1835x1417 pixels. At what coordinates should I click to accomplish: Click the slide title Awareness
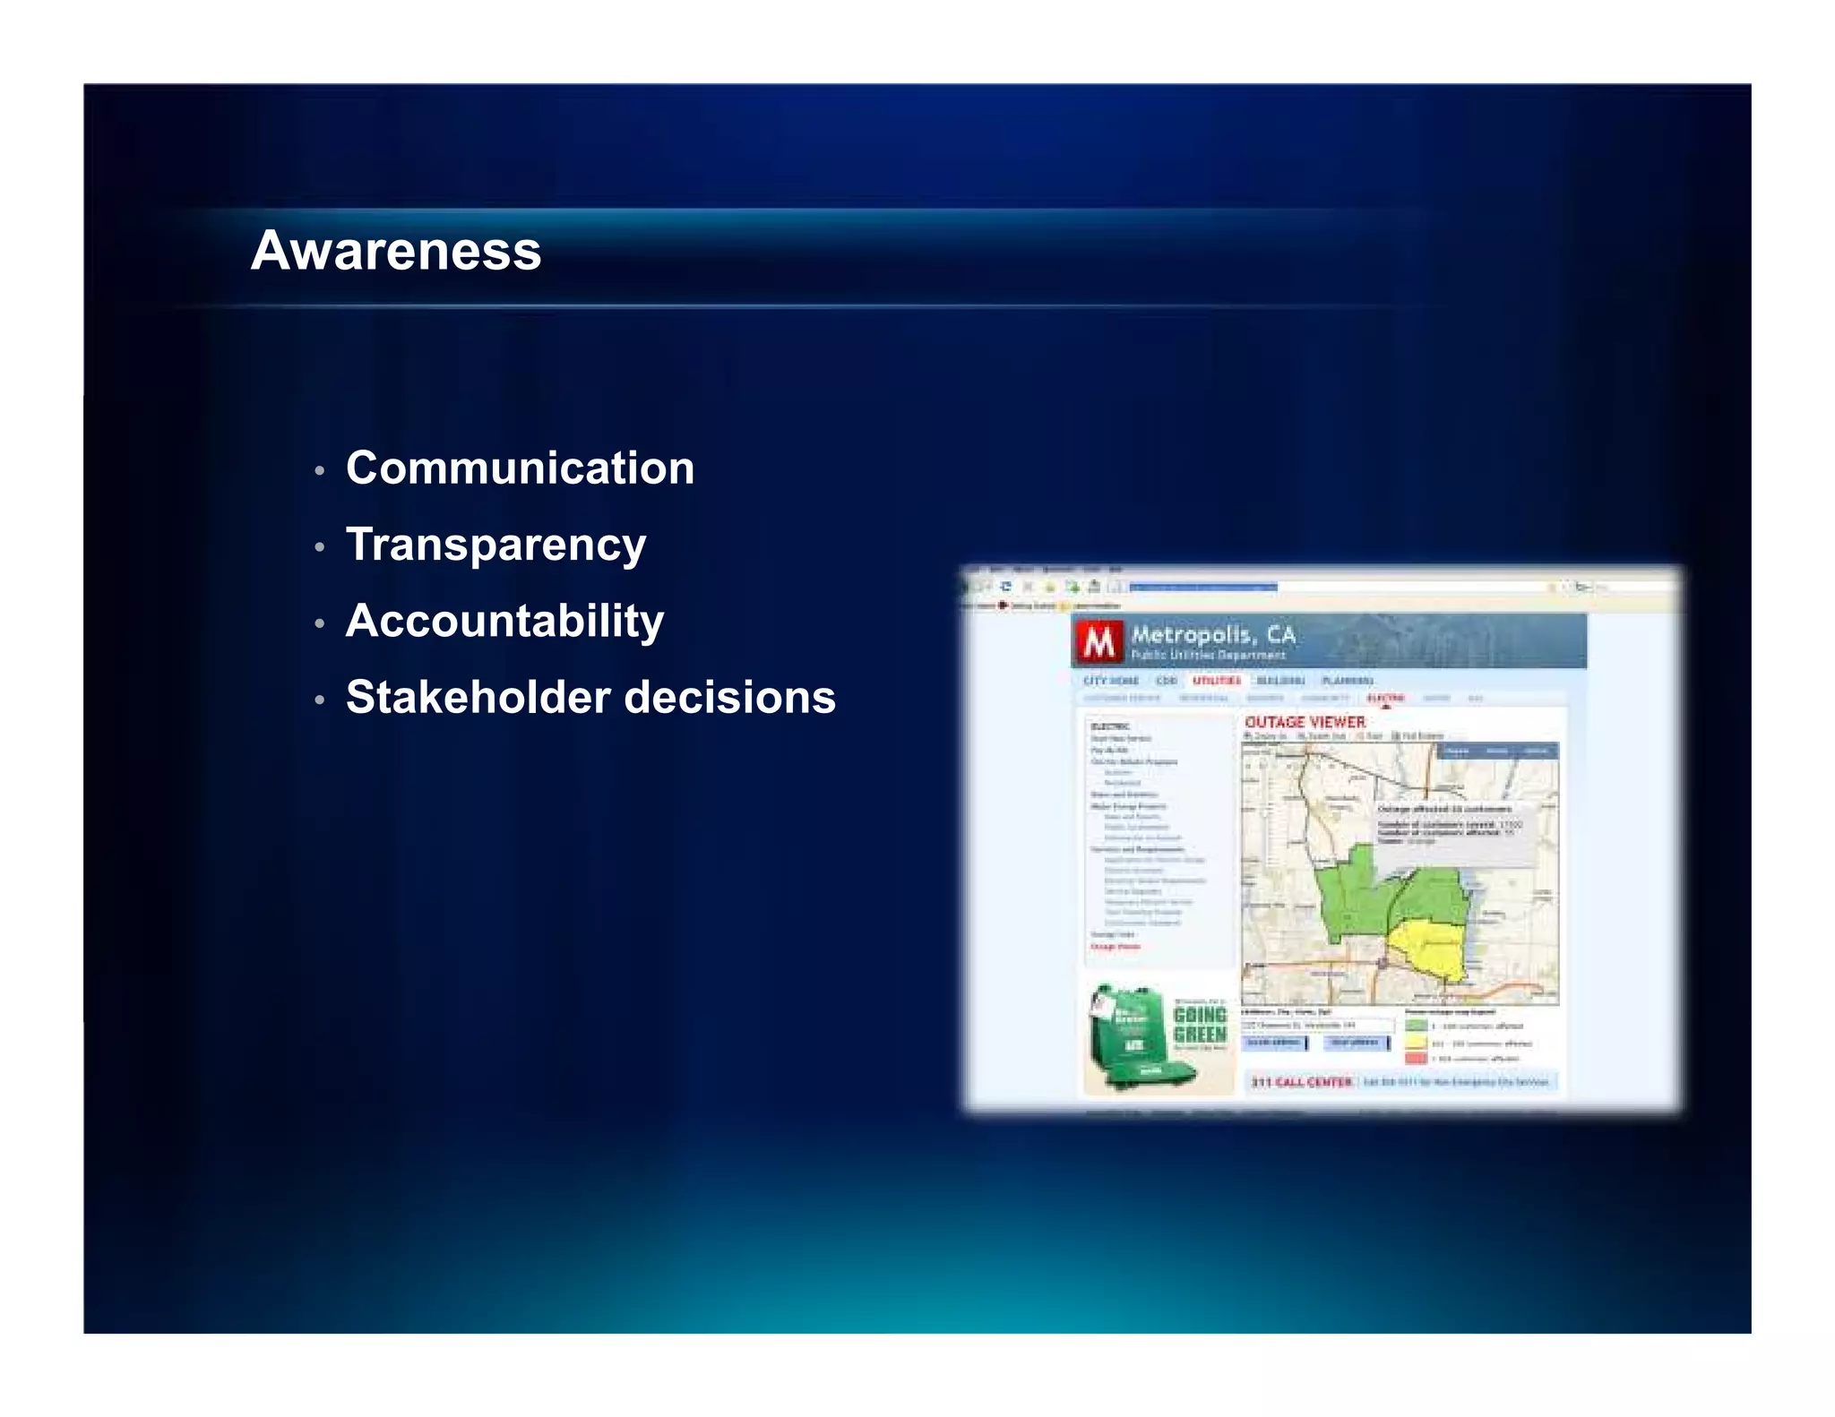396,250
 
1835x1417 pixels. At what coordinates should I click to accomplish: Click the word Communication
520,468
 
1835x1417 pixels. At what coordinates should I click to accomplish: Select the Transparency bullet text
495,545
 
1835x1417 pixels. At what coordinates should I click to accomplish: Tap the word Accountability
504,621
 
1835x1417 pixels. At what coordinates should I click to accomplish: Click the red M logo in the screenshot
1098,641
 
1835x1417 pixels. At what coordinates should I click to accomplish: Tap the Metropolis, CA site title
1213,634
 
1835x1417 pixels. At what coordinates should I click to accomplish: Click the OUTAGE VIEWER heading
1305,722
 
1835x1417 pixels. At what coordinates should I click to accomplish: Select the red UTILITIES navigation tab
1216,681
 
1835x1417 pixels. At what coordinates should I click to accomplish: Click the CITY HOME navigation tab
1110,681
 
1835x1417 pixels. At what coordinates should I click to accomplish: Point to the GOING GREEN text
1199,1025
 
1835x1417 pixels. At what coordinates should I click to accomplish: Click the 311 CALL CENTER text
1301,1082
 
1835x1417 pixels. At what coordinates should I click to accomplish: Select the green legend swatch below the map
1416,1026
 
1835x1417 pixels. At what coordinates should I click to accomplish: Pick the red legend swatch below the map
1416,1059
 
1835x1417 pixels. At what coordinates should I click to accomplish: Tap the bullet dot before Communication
319,470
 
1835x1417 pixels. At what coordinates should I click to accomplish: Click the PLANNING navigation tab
1347,681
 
